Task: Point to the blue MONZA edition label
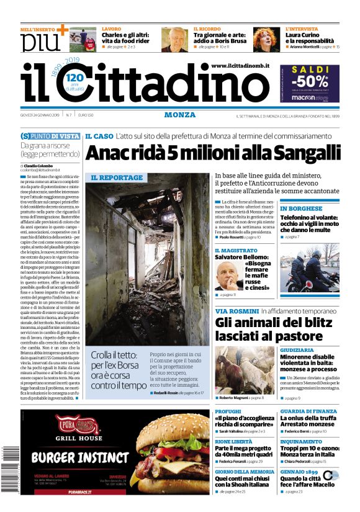(x=180, y=115)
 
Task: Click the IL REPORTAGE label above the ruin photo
(x=117, y=177)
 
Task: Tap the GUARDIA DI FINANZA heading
(x=308, y=411)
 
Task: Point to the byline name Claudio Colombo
(x=37, y=166)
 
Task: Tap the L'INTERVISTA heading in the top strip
(x=302, y=29)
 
